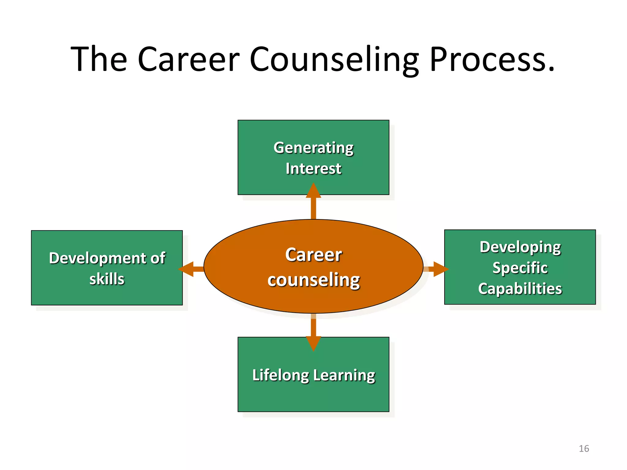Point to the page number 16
(x=584, y=449)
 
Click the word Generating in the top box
(x=313, y=148)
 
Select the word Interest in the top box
(x=313, y=169)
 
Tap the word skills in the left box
(x=107, y=279)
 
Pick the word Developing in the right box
(x=520, y=247)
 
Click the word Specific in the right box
(x=520, y=268)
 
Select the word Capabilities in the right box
(x=520, y=289)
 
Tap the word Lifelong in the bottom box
(x=280, y=375)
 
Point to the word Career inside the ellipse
(x=313, y=255)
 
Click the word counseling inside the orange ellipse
(x=313, y=280)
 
